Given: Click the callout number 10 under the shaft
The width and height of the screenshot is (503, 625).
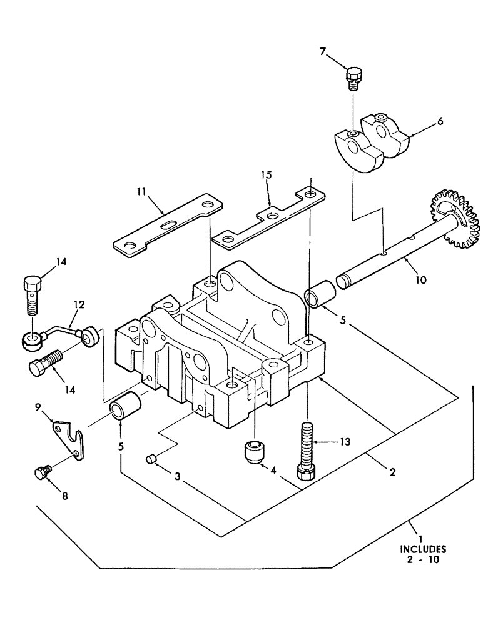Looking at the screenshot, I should pyautogui.click(x=420, y=280).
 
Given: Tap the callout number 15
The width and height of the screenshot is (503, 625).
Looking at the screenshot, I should pyautogui.click(x=268, y=176).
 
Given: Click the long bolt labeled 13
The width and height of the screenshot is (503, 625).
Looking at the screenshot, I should pyautogui.click(x=306, y=449).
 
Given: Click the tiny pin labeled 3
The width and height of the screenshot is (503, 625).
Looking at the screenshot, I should pyautogui.click(x=150, y=460).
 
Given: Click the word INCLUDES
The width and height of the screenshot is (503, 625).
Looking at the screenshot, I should pyautogui.click(x=422, y=550).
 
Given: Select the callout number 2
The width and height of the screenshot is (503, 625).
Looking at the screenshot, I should pyautogui.click(x=392, y=472).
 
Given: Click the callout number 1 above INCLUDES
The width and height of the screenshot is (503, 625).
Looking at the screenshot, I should pyautogui.click(x=421, y=539).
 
